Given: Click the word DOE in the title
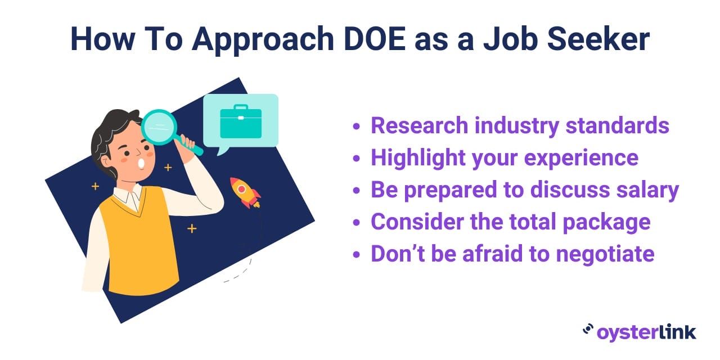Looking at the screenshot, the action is click(x=375, y=39).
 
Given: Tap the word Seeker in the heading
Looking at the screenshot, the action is click(x=598, y=39).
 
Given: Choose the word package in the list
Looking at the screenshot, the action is click(x=607, y=222).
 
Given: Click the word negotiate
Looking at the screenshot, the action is click(x=605, y=254).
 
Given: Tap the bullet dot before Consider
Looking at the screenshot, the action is click(x=356, y=222).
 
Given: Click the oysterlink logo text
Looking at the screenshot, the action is click(x=646, y=332).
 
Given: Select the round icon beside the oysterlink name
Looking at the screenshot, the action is click(x=588, y=330).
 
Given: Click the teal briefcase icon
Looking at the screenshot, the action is click(x=241, y=121).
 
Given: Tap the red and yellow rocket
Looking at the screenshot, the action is click(x=245, y=192).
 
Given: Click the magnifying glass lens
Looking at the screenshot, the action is click(x=159, y=127).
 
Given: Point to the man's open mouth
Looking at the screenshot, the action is click(x=141, y=163).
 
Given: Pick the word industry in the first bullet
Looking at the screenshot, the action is click(x=516, y=126).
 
